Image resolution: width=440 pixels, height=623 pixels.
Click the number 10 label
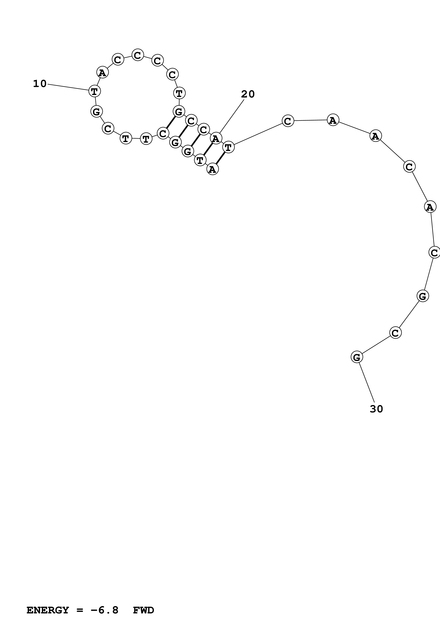point(40,84)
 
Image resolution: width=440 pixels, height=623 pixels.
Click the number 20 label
point(248,94)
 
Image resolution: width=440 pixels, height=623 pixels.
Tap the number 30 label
point(376,409)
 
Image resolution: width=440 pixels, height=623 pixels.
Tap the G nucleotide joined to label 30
point(357,357)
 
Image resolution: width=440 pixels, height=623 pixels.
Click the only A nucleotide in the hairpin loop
point(102,72)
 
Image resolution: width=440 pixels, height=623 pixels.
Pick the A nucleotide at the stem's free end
point(212,169)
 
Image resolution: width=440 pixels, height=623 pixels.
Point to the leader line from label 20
point(232,117)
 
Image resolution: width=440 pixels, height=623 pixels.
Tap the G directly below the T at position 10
point(96,111)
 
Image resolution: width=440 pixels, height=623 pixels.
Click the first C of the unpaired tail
point(288,121)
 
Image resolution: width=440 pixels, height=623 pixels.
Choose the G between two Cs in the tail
point(422,296)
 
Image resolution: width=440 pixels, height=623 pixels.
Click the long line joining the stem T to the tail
point(258,134)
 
